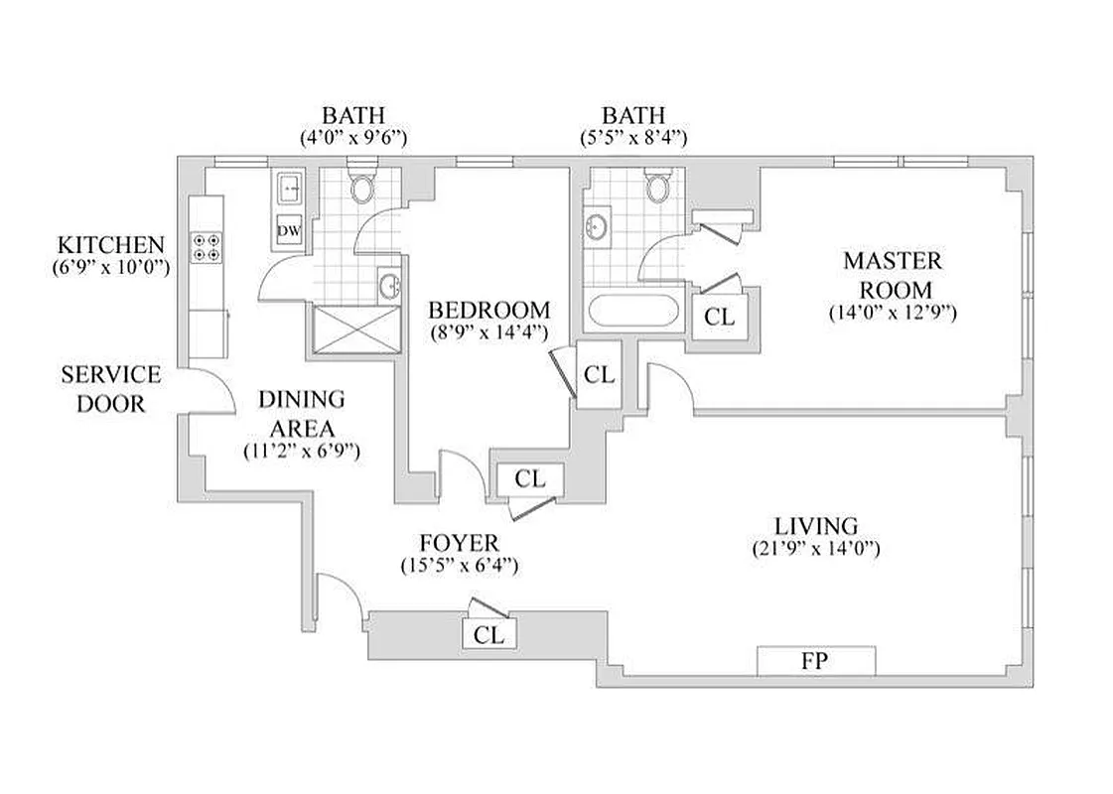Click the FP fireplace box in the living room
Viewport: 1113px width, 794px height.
pyautogui.click(x=815, y=660)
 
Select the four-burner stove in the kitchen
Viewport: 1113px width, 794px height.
pyautogui.click(x=206, y=246)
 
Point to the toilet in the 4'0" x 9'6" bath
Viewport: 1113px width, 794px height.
pyautogui.click(x=362, y=186)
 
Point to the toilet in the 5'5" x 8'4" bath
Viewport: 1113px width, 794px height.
pyautogui.click(x=657, y=186)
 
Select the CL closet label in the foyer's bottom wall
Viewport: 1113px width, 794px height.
pyautogui.click(x=489, y=634)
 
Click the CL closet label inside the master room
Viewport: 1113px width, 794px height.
pyautogui.click(x=719, y=317)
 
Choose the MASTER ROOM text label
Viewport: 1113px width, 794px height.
pyautogui.click(x=892, y=275)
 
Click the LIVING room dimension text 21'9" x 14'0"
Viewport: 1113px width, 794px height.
pyautogui.click(x=816, y=548)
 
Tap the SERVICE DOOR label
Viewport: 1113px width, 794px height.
pyautogui.click(x=110, y=389)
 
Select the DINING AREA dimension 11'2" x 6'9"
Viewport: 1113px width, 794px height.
pyautogui.click(x=301, y=450)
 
